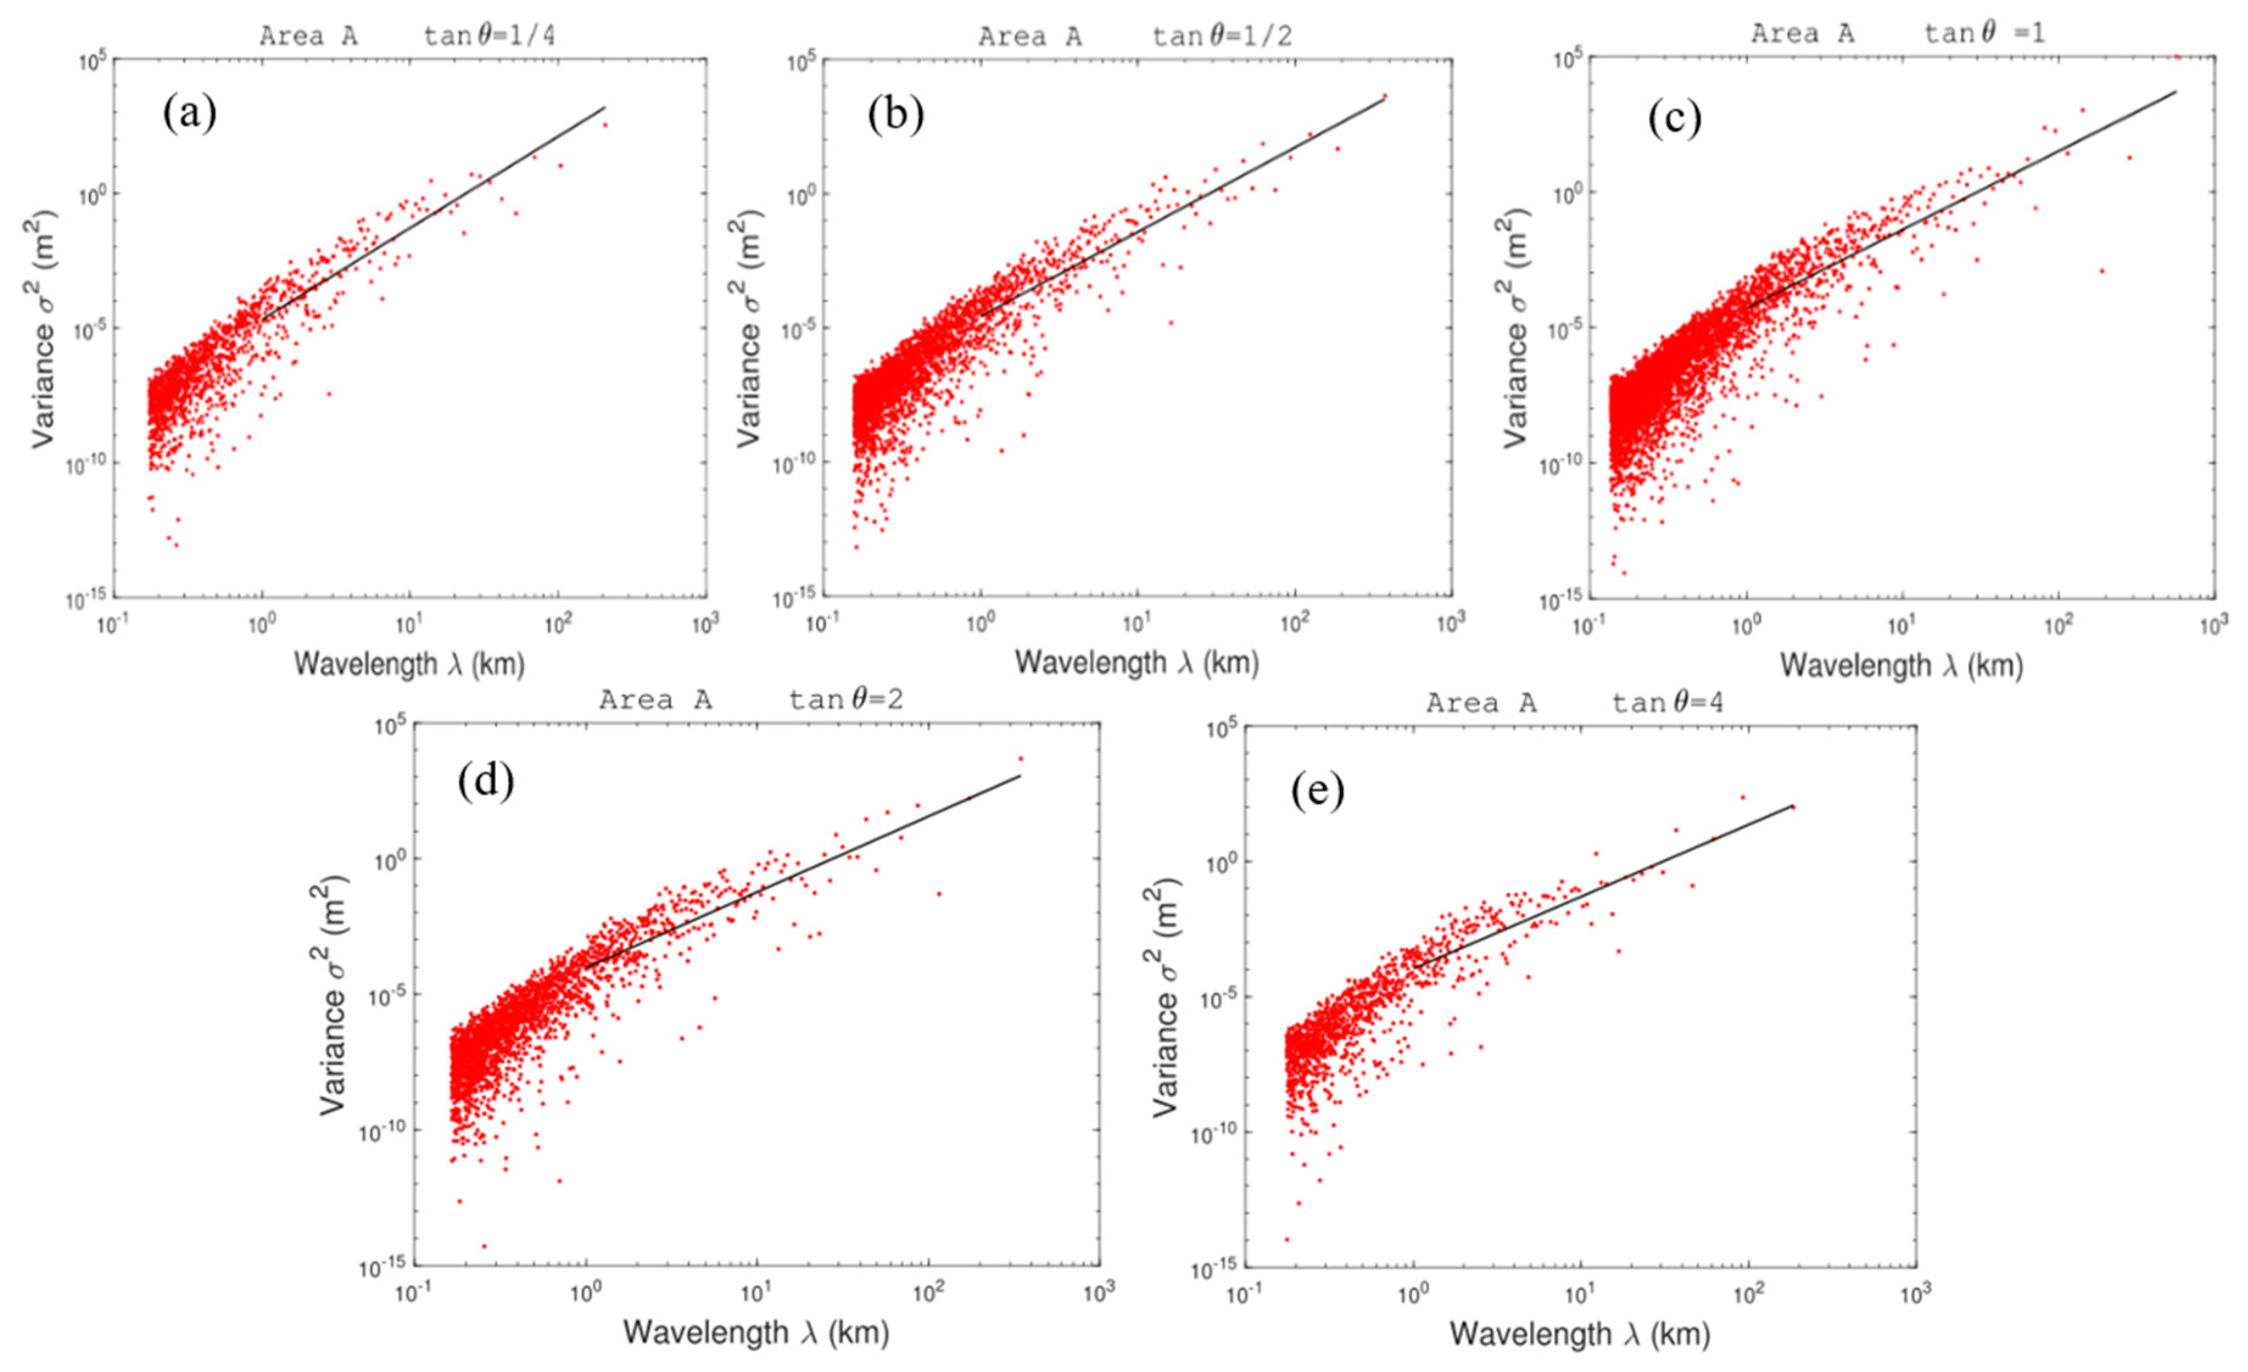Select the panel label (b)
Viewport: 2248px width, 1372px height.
coord(895,115)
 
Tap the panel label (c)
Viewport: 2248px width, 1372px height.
coord(1674,119)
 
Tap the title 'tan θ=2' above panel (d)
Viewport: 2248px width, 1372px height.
coord(845,700)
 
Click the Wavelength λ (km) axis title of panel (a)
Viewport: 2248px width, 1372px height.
coord(409,664)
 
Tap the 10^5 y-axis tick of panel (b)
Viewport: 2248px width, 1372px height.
coord(798,62)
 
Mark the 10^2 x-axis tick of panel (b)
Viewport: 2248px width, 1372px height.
coord(1293,625)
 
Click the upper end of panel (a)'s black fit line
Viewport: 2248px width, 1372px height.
coord(605,107)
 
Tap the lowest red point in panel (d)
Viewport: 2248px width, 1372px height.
coord(484,1246)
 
